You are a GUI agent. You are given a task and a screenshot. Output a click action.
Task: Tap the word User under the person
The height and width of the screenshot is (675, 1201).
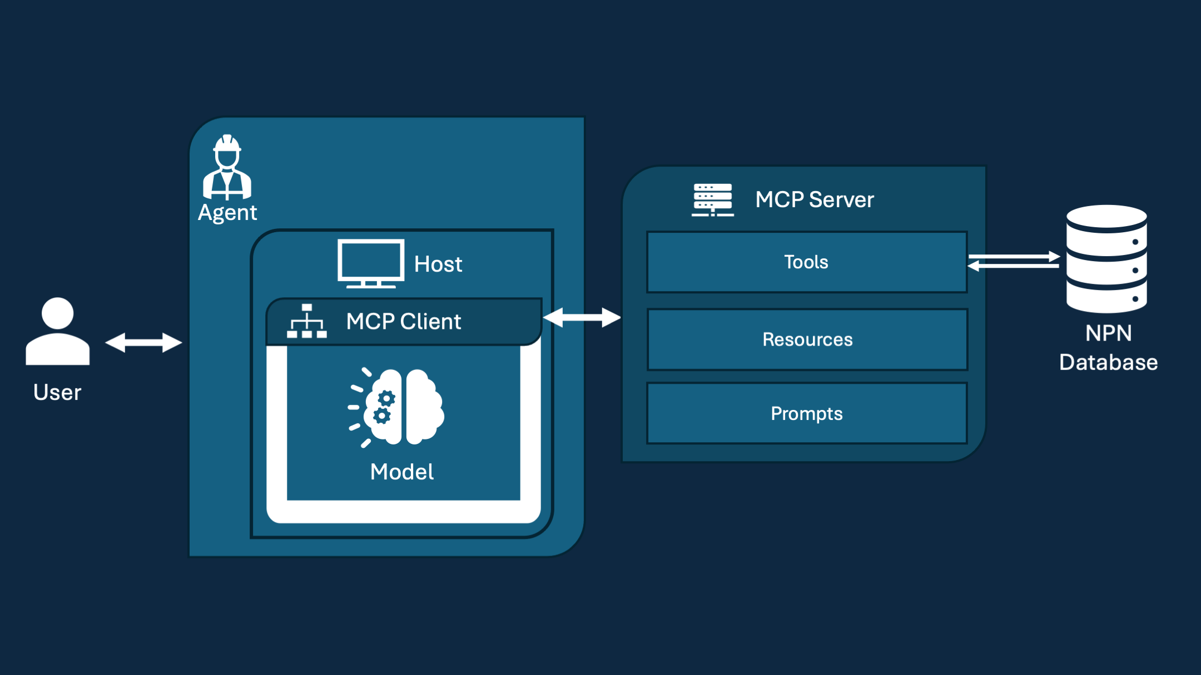pyautogui.click(x=57, y=392)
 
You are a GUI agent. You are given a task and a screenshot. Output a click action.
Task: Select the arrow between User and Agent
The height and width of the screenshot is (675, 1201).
pyautogui.click(x=143, y=342)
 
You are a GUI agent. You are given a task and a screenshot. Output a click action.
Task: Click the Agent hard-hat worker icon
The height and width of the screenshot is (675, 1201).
pyautogui.click(x=227, y=167)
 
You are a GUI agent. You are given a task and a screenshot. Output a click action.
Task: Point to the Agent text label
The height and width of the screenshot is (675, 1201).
pyautogui.click(x=227, y=213)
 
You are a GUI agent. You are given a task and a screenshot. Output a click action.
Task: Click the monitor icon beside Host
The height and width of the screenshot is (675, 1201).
pyautogui.click(x=370, y=263)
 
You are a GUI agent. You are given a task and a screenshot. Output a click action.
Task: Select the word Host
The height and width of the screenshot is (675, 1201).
pyautogui.click(x=438, y=264)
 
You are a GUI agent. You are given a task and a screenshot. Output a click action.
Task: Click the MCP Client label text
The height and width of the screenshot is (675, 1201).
pyautogui.click(x=404, y=322)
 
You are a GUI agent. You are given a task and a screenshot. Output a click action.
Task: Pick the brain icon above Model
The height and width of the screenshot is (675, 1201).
pyautogui.click(x=396, y=407)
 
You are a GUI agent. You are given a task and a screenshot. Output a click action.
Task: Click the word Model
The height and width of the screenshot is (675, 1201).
pyautogui.click(x=402, y=472)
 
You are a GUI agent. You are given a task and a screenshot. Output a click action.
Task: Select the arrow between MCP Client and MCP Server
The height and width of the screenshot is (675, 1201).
pyautogui.click(x=582, y=318)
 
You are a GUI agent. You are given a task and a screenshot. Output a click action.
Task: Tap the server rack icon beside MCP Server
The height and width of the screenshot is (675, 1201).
pyautogui.click(x=713, y=199)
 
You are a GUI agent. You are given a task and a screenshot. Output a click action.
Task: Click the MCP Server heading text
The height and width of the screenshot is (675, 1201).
pyautogui.click(x=815, y=199)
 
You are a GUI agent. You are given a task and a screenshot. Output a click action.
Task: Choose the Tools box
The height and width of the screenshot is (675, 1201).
pyautogui.click(x=807, y=262)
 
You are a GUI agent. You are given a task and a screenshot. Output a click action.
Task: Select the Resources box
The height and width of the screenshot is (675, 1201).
pyautogui.click(x=807, y=339)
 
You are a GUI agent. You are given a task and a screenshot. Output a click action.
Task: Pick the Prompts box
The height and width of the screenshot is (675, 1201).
pyautogui.click(x=807, y=413)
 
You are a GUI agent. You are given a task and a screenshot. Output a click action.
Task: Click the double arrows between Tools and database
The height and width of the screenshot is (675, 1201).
pyautogui.click(x=1014, y=261)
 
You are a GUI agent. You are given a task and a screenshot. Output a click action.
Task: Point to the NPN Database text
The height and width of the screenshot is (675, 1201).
pyautogui.click(x=1108, y=348)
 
